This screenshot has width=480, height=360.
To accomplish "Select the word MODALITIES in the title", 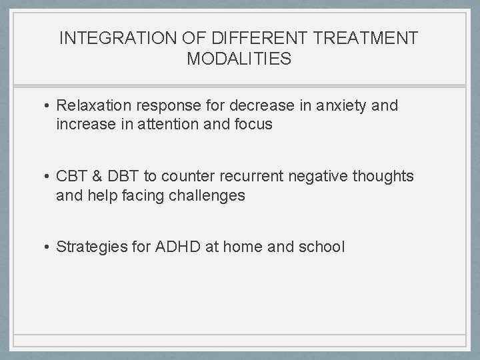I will (x=239, y=59).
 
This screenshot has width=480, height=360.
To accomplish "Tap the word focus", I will (x=253, y=124).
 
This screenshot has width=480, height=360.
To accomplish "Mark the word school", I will (x=323, y=247).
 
